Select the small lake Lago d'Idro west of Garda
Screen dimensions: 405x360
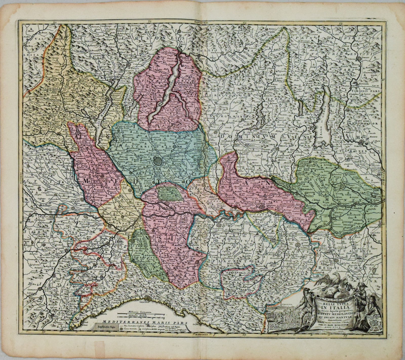click(x=300, y=106)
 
